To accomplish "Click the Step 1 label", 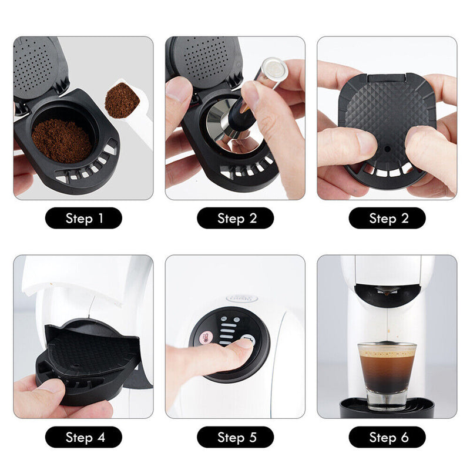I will tap(83, 219).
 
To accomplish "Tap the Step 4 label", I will tap(83, 437).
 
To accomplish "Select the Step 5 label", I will tap(235, 437).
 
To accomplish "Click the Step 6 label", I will tap(387, 437).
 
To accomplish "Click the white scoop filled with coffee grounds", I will tap(122, 100).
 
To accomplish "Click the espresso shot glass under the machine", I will tap(387, 373).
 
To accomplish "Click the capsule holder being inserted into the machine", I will tap(88, 358).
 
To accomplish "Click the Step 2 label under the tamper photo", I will tap(235, 219).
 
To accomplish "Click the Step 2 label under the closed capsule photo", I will tap(387, 219).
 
